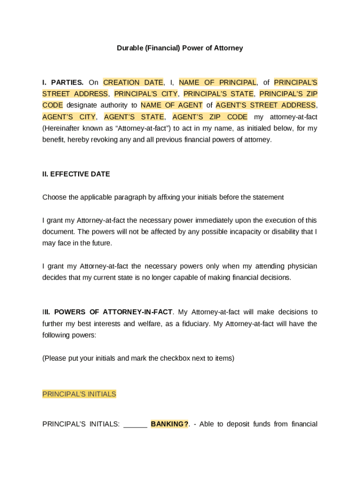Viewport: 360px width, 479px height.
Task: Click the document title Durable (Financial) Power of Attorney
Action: coord(180,48)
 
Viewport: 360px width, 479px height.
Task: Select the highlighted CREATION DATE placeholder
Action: coord(133,82)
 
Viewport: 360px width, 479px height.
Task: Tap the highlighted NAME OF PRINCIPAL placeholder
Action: coord(217,82)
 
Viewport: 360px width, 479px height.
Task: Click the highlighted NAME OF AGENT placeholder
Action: coord(172,105)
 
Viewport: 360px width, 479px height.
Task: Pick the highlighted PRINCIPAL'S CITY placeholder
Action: coord(146,94)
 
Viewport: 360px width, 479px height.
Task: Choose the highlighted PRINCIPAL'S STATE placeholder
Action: coord(218,94)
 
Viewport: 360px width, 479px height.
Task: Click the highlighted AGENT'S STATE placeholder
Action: coord(134,117)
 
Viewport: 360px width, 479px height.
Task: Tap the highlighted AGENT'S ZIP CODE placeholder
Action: coord(210,117)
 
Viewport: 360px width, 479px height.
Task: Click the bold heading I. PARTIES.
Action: coord(63,82)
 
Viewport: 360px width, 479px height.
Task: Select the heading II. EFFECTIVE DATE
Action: coord(76,174)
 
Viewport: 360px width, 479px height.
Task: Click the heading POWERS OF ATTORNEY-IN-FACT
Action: coord(113,312)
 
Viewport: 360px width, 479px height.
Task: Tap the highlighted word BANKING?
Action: coord(170,424)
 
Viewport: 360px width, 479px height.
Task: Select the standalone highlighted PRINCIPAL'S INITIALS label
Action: coord(79,394)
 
